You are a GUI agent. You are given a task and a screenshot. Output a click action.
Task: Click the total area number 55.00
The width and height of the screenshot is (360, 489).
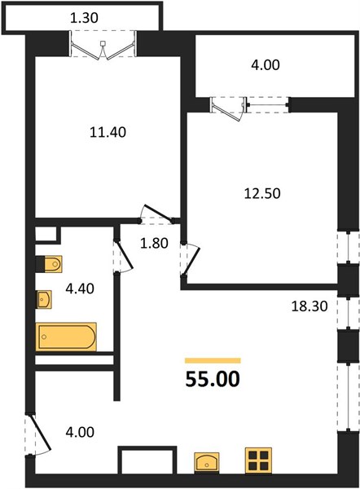pos(213,379)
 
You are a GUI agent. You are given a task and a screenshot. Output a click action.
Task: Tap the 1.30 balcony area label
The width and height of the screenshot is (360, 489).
pos(84,18)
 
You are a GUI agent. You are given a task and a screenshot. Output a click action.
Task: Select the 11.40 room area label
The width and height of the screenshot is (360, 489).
pos(108,132)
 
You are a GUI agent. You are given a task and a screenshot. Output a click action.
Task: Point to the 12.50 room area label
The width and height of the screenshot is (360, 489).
pos(262,193)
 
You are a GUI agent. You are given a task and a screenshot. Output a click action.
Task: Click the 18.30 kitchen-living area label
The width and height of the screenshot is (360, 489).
pos(310,306)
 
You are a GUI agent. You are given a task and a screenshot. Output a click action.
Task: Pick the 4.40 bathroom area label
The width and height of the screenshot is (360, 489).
pos(80,289)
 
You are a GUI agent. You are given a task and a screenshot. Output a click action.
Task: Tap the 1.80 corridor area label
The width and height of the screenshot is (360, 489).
pos(154,243)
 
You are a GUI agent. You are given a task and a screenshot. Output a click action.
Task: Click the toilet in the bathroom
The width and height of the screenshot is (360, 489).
pos(49,264)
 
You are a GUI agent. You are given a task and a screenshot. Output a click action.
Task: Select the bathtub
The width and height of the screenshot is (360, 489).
pos(66,337)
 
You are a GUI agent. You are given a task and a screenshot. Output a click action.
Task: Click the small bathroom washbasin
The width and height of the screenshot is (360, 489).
pos(44,299)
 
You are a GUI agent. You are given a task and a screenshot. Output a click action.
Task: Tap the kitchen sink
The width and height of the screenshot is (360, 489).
pos(206,463)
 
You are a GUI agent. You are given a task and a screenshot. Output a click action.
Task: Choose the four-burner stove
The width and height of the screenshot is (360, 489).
pos(258,461)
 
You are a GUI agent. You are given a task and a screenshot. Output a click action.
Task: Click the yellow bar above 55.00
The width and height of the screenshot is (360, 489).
pos(213,360)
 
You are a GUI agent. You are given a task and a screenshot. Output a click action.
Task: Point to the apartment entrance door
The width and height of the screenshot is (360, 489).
pos(37,434)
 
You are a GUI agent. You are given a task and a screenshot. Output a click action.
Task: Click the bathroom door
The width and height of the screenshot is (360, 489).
pos(123,257)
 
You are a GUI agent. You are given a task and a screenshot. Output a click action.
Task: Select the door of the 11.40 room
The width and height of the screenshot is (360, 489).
pos(156,215)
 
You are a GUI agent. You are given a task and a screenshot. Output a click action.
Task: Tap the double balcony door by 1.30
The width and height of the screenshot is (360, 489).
pos(103,47)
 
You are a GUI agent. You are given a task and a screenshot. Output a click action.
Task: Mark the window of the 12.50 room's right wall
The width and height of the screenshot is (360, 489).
pos(348,248)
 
